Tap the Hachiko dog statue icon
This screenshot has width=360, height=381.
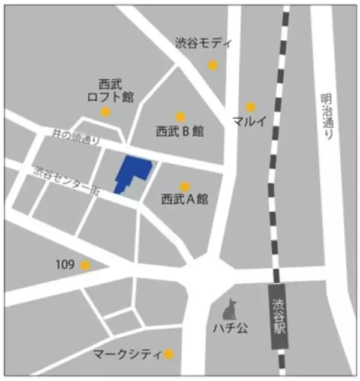point(229,310)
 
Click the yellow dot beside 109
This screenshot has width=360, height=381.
point(85,265)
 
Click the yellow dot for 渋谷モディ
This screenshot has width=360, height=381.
point(212,65)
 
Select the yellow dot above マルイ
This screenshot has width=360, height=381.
point(251,107)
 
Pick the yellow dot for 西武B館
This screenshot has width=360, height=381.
point(180,117)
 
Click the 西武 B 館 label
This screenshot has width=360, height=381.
point(180,131)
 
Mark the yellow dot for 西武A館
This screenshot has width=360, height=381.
point(185,187)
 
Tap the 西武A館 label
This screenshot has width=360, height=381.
point(184,200)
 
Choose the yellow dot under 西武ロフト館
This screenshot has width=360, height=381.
point(106,112)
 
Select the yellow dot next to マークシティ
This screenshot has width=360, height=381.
point(169,354)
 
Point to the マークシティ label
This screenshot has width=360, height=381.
point(127,354)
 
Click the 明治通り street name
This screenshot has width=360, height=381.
point(326,117)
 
